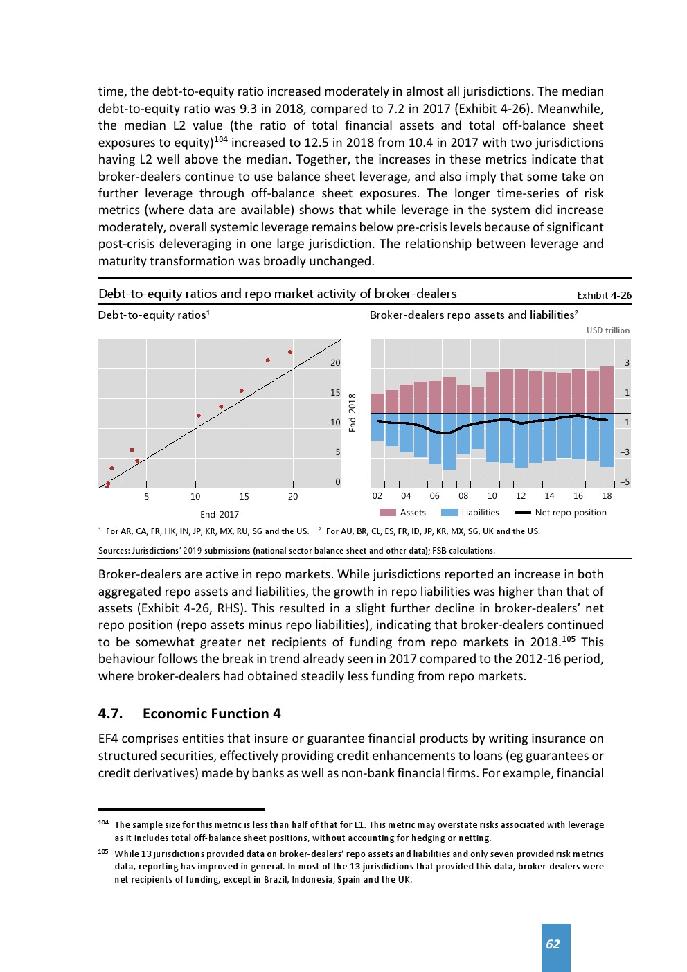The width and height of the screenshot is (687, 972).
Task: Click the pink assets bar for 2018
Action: [607, 390]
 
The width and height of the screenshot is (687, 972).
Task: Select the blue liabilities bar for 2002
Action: [377, 427]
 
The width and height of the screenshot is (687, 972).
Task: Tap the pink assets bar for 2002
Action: [377, 403]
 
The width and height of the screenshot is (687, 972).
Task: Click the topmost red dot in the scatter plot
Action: [290, 352]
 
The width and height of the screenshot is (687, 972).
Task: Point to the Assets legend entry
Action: [403, 513]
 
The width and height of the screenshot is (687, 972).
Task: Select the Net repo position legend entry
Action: [561, 513]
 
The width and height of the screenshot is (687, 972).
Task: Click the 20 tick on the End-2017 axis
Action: [293, 496]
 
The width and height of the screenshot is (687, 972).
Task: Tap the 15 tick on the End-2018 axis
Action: [335, 393]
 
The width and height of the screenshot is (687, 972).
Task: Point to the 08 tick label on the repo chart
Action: [463, 496]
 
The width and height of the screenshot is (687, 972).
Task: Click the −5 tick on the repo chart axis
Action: [625, 482]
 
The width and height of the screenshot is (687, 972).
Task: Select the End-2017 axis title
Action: [220, 515]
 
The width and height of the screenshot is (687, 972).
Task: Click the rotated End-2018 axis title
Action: [353, 413]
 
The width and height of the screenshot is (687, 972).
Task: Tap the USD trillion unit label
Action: [608, 330]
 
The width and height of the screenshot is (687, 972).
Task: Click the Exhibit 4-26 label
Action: [604, 295]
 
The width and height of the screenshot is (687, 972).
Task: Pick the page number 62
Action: [553, 944]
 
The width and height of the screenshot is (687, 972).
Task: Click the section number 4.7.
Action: [110, 714]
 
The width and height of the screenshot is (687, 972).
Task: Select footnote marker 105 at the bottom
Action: [103, 852]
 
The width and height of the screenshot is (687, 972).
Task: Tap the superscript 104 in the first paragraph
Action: [221, 139]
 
